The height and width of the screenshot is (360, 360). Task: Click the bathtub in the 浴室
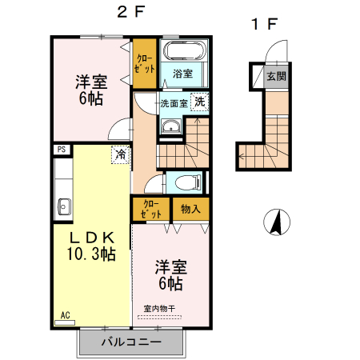click(184, 50)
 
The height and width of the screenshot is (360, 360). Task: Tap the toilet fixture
click(189, 182)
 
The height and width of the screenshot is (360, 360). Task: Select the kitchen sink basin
click(64, 206)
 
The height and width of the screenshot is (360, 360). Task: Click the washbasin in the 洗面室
click(171, 126)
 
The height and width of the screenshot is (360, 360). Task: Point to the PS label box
click(62, 150)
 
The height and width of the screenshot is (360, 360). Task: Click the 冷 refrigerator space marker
click(121, 154)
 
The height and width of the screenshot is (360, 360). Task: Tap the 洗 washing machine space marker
click(199, 102)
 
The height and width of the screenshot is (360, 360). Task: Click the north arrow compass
click(277, 222)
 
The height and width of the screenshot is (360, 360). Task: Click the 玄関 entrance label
click(276, 77)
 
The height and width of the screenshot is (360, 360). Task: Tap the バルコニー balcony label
click(131, 342)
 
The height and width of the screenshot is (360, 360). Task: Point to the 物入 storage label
click(190, 209)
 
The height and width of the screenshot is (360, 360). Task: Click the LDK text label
click(92, 238)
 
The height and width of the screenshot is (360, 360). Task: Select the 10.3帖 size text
click(91, 254)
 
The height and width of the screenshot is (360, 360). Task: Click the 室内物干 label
click(159, 309)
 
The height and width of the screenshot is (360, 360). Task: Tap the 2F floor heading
click(131, 12)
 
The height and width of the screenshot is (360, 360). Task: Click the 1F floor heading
click(265, 24)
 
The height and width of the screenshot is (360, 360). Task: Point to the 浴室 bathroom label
click(182, 74)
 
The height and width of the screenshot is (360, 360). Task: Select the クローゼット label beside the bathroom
click(144, 64)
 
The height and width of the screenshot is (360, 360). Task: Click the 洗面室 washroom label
click(174, 103)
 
